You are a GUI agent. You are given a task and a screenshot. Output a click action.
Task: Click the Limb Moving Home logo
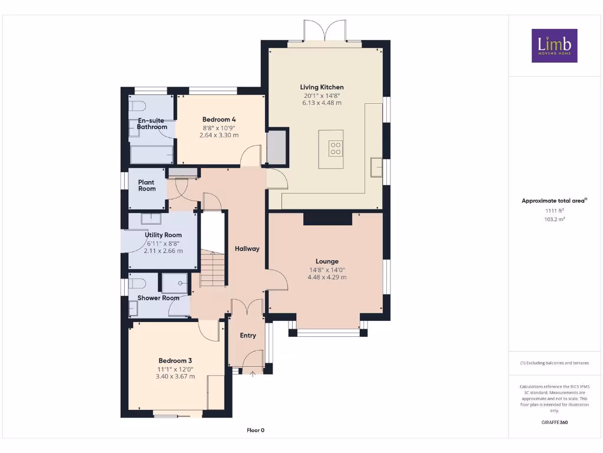[554, 45]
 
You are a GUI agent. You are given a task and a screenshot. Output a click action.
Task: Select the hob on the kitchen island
[335, 147]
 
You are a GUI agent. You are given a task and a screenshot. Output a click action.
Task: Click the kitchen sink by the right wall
[376, 168]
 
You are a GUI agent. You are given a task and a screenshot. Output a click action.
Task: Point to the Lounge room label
[327, 261]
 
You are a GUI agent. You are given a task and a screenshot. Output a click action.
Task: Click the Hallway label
[247, 249]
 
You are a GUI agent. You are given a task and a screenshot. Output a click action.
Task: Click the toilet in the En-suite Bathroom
[137, 106]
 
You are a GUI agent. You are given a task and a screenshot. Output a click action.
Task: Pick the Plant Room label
[147, 186]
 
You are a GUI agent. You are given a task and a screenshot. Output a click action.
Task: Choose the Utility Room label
[163, 235]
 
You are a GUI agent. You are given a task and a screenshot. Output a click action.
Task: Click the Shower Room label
[158, 298]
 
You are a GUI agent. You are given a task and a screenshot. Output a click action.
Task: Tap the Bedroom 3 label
[175, 360]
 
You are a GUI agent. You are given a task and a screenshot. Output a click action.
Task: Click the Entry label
[248, 336]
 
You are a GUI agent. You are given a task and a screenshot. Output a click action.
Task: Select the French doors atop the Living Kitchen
[324, 31]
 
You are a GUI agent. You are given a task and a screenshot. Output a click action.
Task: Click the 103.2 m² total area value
[554, 219]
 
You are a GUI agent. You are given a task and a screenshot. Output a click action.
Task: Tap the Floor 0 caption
[255, 430]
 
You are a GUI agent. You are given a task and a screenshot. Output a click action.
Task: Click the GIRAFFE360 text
[554, 422]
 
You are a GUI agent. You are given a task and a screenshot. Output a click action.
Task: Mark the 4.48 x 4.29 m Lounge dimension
[327, 277]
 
